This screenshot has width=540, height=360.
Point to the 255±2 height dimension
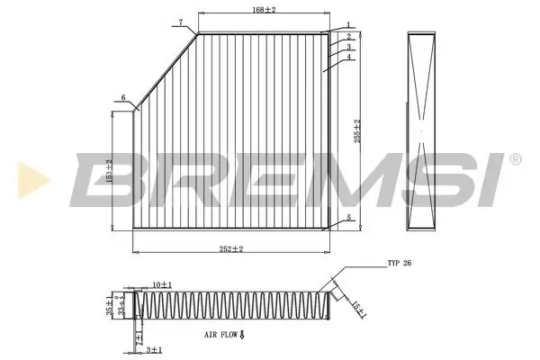[x=357, y=133]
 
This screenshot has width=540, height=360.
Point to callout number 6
[x=122, y=97]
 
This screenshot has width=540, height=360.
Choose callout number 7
[x=180, y=21]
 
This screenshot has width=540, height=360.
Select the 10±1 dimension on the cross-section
[x=163, y=284]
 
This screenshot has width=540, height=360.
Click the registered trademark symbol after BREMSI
[x=514, y=158]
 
